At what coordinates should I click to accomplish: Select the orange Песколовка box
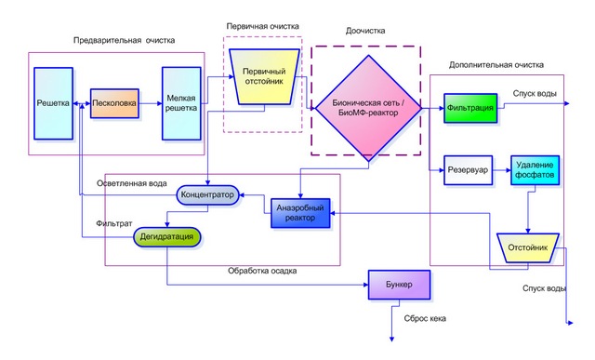(114, 102)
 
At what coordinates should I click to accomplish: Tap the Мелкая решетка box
(181, 102)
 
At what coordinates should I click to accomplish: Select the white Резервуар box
(469, 169)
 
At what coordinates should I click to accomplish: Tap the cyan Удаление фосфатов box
(534, 169)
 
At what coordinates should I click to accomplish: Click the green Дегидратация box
(167, 237)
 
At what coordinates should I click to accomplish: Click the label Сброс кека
(425, 318)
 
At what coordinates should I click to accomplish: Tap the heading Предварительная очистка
(125, 40)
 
